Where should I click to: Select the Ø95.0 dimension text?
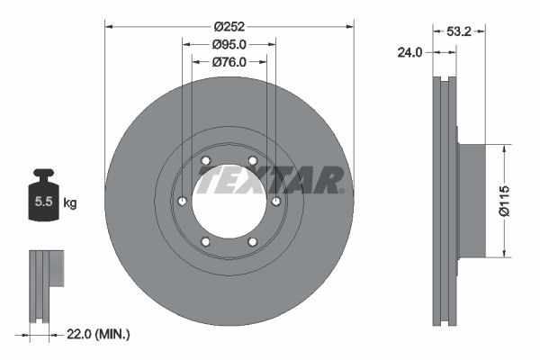229,44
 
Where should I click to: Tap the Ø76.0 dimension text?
229,62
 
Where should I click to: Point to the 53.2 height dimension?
461,31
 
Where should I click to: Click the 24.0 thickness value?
409,53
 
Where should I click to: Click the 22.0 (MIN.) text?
99,334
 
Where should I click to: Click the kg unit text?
70,203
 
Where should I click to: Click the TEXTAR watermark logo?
270,181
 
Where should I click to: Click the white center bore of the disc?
229,201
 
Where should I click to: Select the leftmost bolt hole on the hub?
183,201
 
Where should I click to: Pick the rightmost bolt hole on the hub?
275,201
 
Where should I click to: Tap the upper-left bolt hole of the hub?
206,161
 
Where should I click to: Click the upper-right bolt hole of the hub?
252,161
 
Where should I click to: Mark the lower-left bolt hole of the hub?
206,241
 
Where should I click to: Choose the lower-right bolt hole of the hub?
252,241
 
